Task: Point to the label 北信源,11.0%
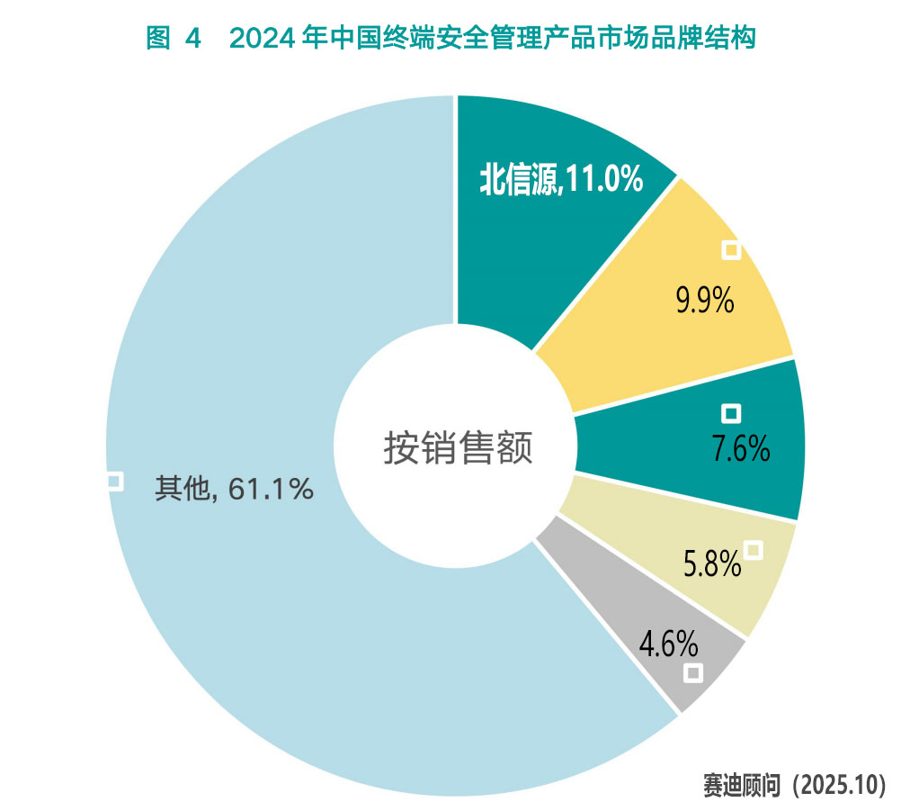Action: (561, 178)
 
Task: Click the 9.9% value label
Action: (705, 302)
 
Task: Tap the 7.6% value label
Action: (740, 448)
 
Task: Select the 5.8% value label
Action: (712, 564)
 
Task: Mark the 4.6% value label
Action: (668, 644)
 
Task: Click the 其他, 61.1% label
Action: (234, 488)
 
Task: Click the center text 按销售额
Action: (458, 447)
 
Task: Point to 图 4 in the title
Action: (171, 39)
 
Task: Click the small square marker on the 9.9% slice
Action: (731, 250)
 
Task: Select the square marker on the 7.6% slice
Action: (731, 413)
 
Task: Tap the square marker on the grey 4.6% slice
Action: (692, 672)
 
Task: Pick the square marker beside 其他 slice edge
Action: (113, 482)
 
